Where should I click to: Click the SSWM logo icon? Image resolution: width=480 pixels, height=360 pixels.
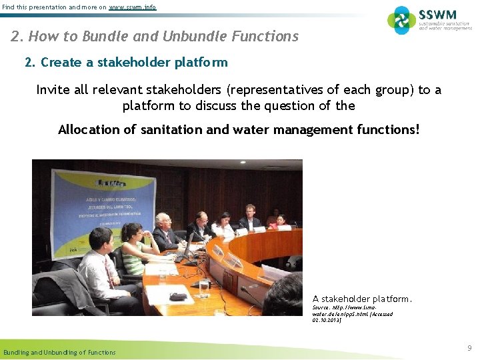[x=401, y=20]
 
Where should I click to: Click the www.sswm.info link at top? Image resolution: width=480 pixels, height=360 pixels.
[x=132, y=7]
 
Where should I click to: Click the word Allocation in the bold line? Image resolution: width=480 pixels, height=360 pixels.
[x=97, y=129]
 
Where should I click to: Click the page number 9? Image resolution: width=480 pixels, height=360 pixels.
[x=469, y=348]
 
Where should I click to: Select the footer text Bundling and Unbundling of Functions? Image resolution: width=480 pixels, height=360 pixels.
[x=59, y=352]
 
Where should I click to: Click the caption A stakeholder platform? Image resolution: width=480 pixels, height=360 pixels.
[x=362, y=299]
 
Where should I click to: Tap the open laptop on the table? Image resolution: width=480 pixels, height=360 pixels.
[x=187, y=247]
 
